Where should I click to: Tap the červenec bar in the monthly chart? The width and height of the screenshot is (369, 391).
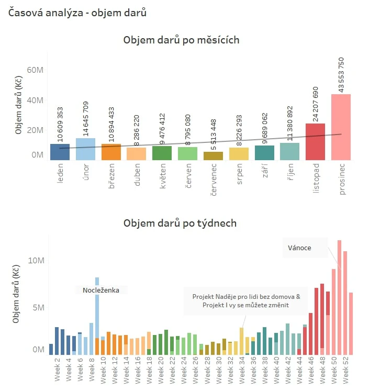[213, 156]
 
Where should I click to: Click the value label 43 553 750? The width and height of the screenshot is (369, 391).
[341, 74]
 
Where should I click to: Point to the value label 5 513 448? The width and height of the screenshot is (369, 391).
[213, 131]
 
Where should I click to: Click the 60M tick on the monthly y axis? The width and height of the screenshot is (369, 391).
[35, 70]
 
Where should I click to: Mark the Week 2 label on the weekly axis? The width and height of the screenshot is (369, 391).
[57, 371]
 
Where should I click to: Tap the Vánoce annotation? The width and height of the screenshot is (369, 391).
[300, 247]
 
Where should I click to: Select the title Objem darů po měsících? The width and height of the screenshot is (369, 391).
[181, 40]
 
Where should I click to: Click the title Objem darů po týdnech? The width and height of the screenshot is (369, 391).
[180, 224]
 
